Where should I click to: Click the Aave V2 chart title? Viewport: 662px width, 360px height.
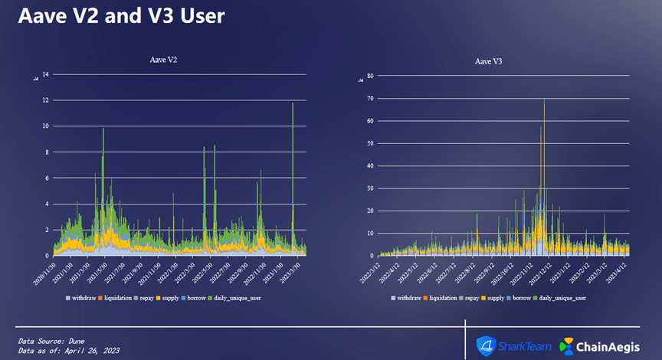coord(165,59)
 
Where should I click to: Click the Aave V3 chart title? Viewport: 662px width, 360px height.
coord(489,61)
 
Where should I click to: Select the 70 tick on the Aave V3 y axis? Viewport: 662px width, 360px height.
coord(370,99)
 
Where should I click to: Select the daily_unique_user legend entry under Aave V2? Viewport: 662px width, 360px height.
coord(238,297)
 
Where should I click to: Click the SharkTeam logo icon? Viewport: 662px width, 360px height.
coord(487,346)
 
